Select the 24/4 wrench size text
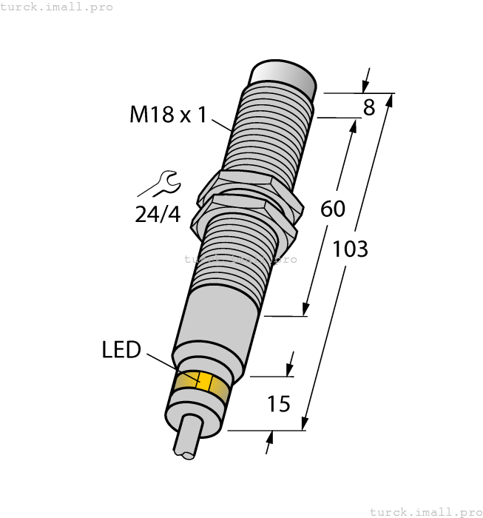(x=157, y=214)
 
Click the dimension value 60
(x=333, y=209)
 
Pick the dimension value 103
(x=350, y=249)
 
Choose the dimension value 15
(x=278, y=404)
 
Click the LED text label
(x=121, y=350)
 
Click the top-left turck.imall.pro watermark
(x=57, y=7)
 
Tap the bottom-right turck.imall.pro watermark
(x=425, y=511)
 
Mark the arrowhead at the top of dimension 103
(x=390, y=99)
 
